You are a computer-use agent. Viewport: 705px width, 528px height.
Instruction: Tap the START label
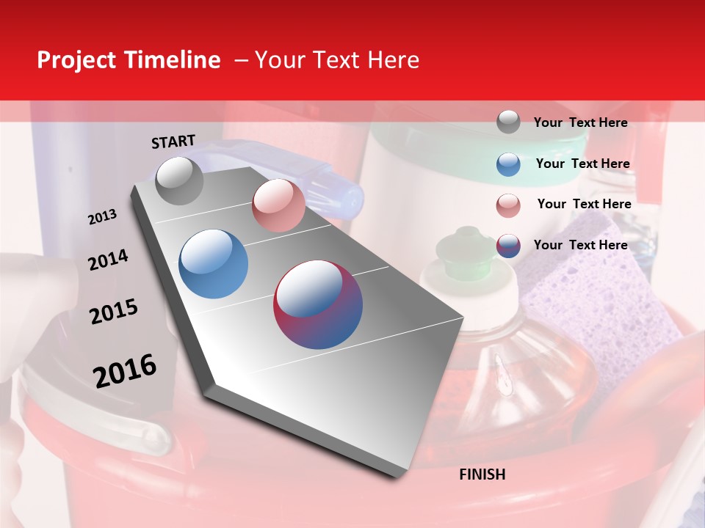click(x=173, y=142)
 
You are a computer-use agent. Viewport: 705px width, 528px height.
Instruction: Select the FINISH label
click(x=482, y=474)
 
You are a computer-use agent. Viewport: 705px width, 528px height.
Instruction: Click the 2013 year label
click(x=103, y=217)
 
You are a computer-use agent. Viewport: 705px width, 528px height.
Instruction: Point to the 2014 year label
click(x=108, y=260)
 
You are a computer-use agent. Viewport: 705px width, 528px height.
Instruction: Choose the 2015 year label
click(x=114, y=312)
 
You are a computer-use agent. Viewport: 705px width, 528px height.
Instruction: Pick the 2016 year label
click(x=125, y=371)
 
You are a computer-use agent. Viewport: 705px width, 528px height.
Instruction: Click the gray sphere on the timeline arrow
click(x=180, y=180)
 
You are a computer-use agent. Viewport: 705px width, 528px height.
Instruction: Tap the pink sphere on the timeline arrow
click(x=278, y=205)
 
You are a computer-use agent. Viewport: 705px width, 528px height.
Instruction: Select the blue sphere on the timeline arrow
click(x=214, y=264)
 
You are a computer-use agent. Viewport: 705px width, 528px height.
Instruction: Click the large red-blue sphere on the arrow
click(x=318, y=304)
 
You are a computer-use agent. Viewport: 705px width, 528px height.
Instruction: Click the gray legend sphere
click(x=508, y=122)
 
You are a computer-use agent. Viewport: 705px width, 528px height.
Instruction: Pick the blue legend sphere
click(x=508, y=164)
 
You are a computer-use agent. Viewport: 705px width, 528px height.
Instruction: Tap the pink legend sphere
click(x=508, y=205)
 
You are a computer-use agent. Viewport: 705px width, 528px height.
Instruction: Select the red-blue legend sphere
click(x=508, y=246)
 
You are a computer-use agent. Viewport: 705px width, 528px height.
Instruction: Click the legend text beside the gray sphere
click(x=580, y=122)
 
